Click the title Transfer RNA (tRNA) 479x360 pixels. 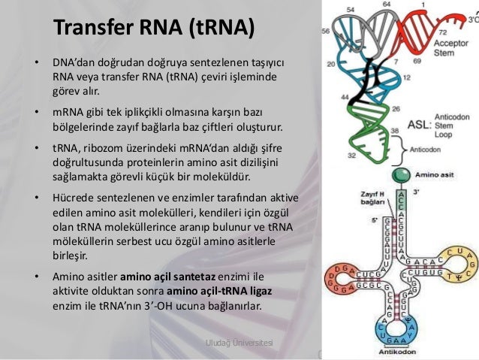[x=154, y=28]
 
